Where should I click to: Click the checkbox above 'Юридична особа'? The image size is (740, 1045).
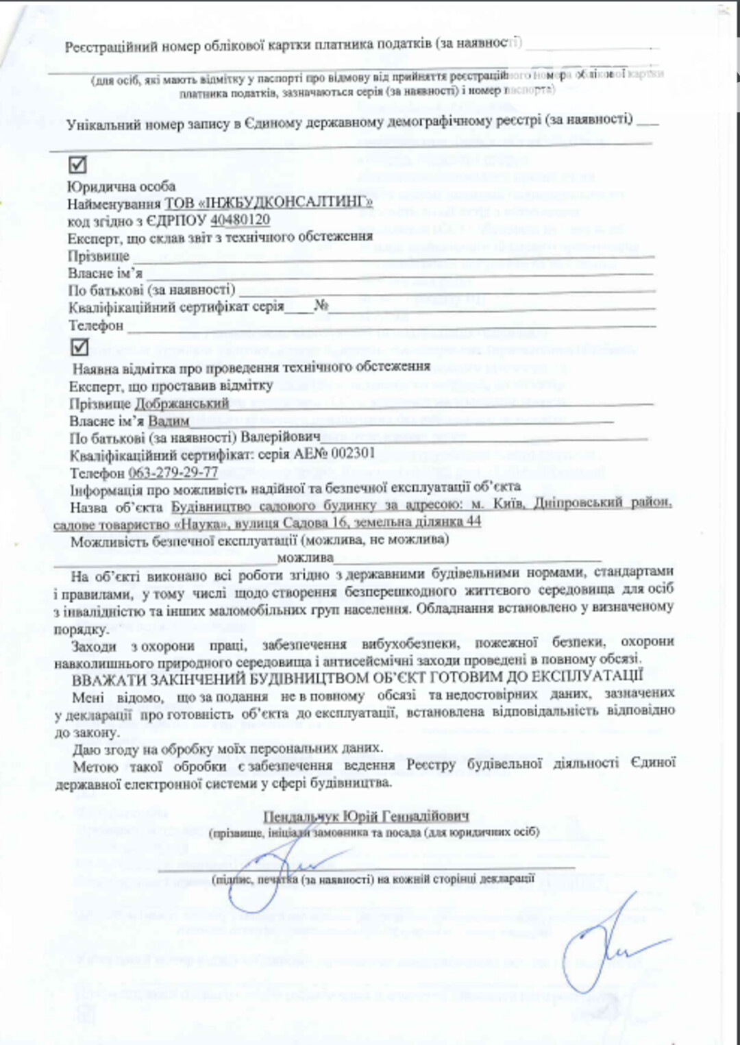77,165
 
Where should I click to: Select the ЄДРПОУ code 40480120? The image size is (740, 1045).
240,220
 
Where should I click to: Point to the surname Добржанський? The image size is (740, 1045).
182,403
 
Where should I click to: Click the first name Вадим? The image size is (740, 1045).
169,421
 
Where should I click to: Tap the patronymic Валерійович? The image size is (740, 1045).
280,437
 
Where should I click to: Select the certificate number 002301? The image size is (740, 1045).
353,454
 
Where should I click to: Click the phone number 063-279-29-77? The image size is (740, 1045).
173,472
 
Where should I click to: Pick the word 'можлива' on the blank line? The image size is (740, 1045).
305,557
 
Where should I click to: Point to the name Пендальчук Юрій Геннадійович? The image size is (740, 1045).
366,816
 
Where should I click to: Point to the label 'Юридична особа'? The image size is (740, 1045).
121,186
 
